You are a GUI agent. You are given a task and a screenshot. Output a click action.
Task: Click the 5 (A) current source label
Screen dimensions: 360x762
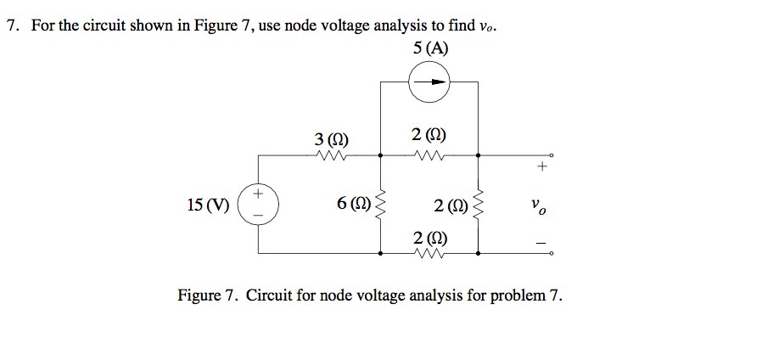click(x=431, y=48)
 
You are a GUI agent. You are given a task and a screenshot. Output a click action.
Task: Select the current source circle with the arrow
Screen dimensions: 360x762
click(x=429, y=82)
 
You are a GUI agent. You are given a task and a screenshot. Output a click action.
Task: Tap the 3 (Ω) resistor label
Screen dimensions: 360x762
click(x=330, y=138)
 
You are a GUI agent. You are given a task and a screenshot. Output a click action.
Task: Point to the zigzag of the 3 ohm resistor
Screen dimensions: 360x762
click(x=330, y=155)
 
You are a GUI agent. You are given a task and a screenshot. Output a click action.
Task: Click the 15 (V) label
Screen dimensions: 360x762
click(x=208, y=205)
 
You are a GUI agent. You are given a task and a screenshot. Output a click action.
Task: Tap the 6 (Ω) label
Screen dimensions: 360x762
click(x=352, y=204)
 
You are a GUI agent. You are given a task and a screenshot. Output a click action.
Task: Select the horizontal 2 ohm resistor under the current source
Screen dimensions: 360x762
click(x=429, y=155)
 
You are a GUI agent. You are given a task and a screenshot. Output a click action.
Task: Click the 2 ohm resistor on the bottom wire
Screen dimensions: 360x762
click(x=429, y=253)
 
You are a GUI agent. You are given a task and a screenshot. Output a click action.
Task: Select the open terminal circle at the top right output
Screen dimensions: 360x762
click(x=551, y=155)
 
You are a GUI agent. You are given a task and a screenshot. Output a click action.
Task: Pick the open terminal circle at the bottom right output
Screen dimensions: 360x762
click(x=551, y=253)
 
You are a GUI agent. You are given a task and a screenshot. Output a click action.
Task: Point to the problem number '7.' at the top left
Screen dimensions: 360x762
click(x=14, y=25)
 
